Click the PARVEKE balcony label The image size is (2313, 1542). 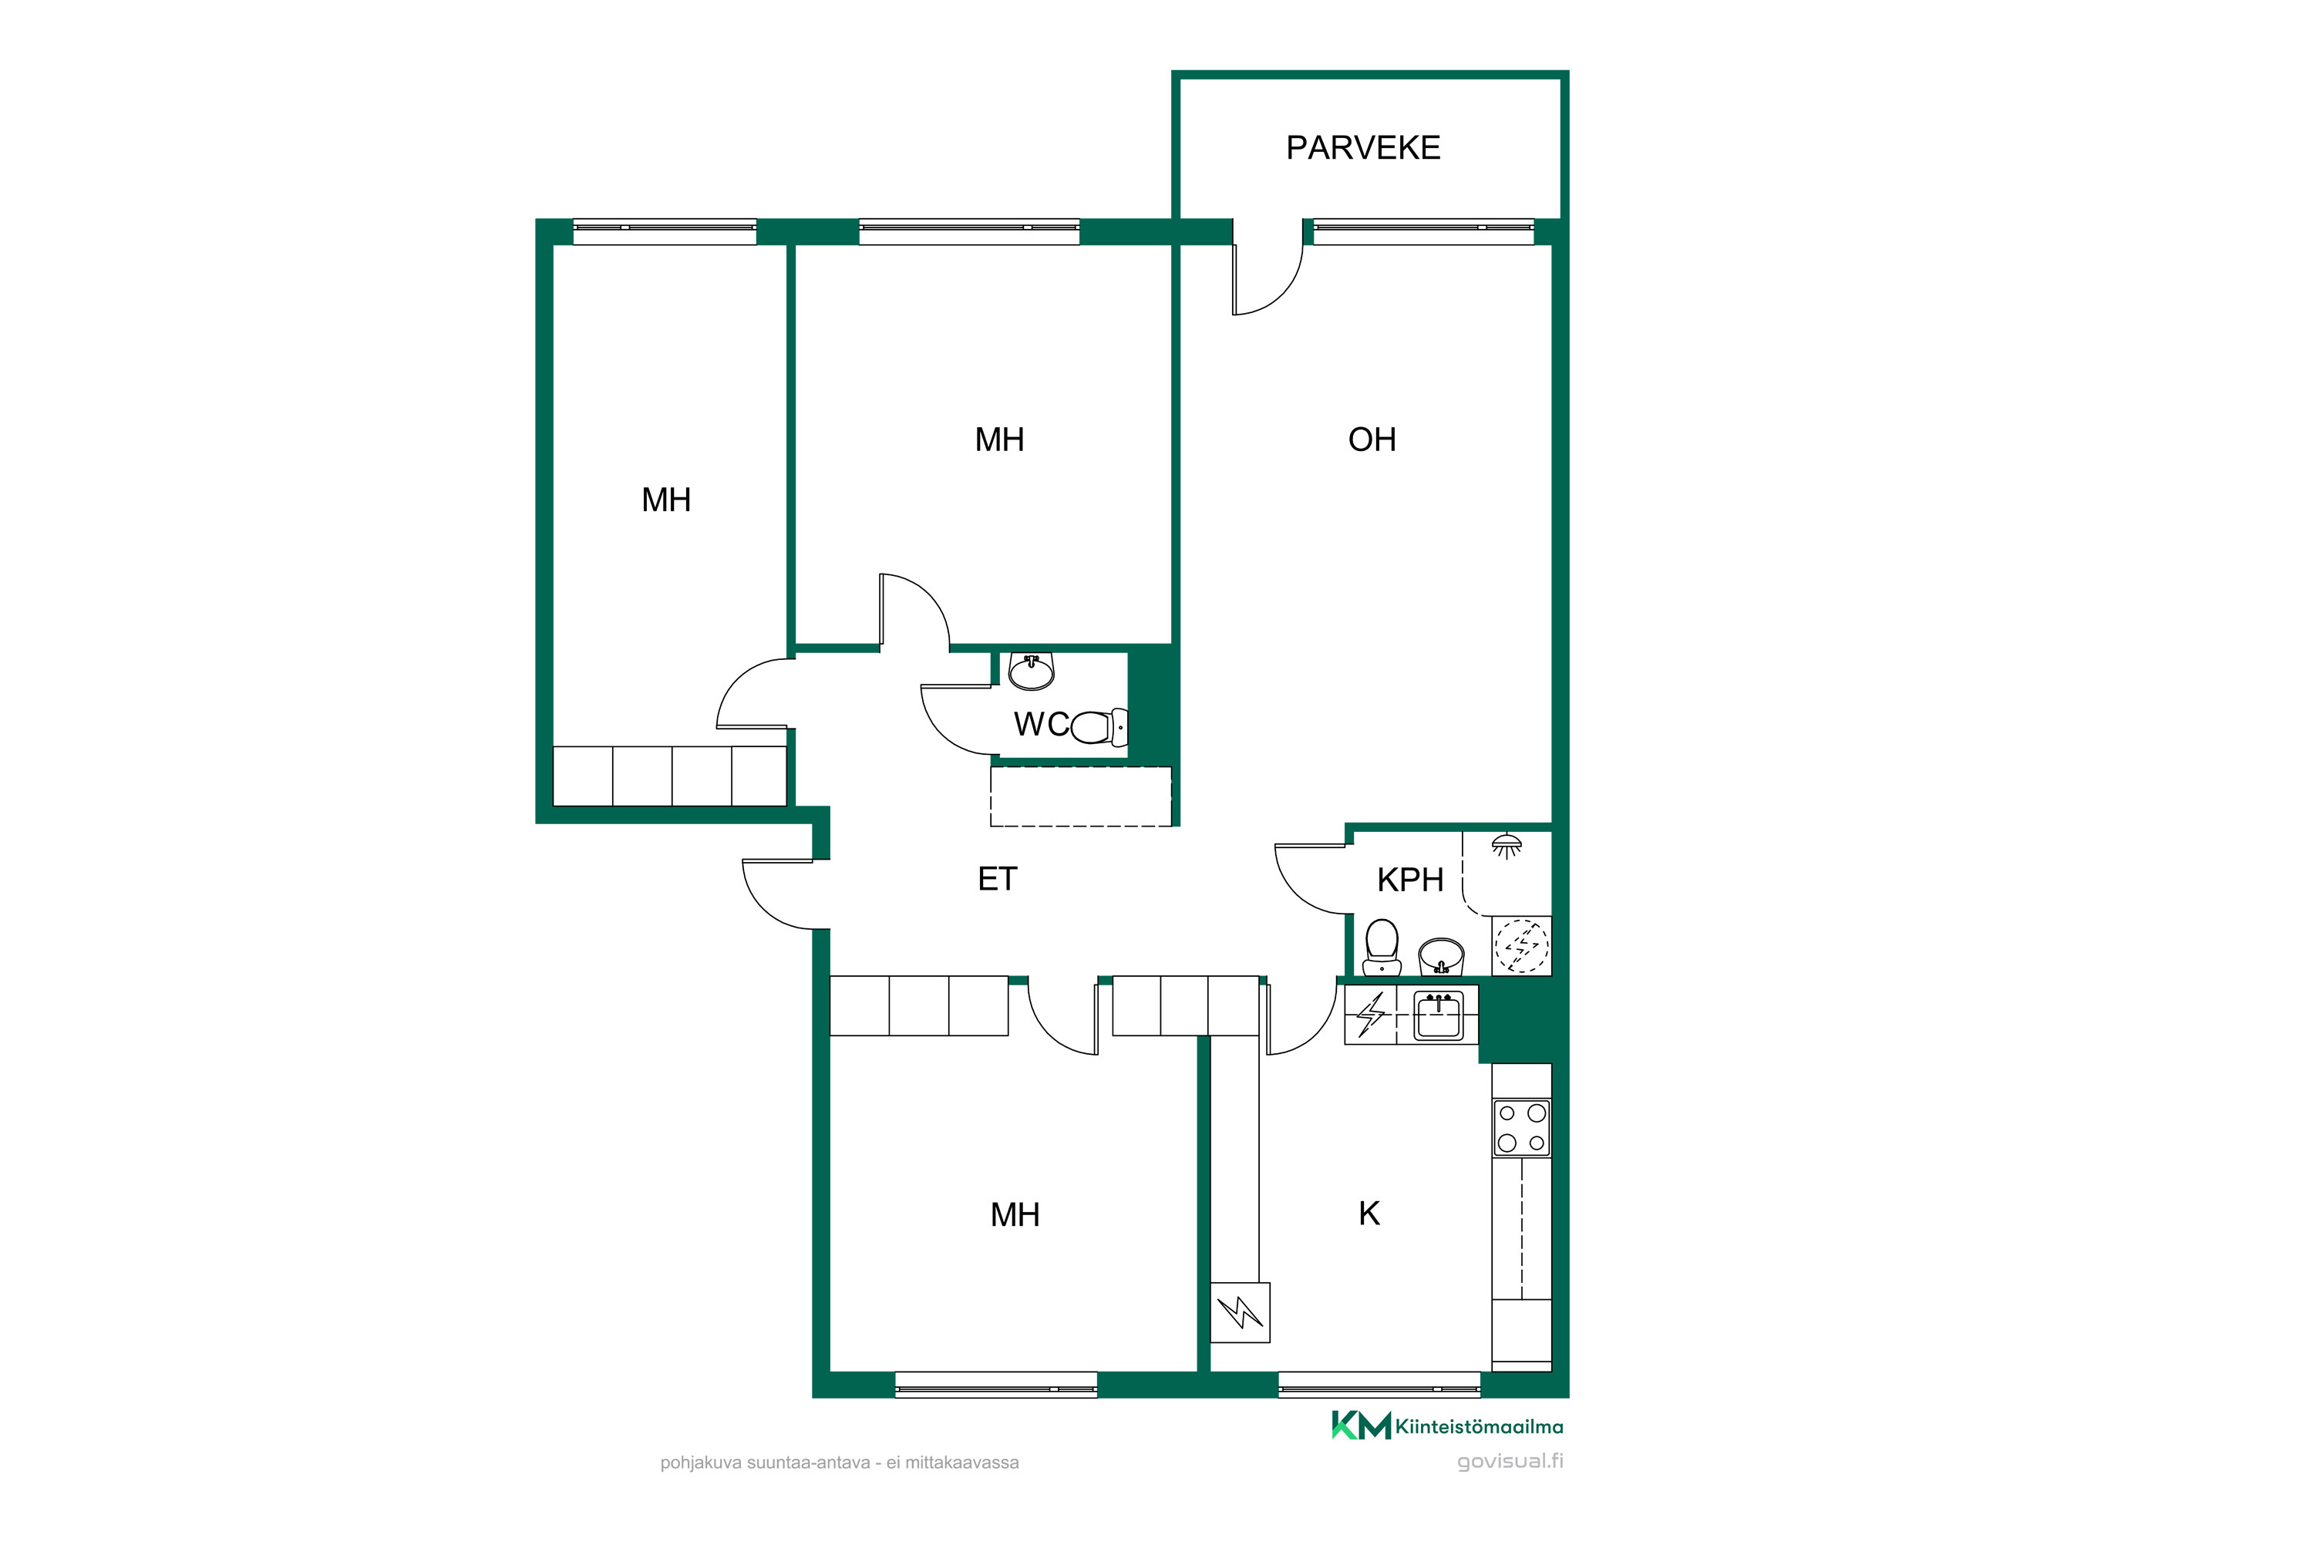(1363, 147)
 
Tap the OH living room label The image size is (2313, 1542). (1372, 439)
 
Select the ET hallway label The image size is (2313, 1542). (997, 879)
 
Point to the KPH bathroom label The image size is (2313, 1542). (1410, 880)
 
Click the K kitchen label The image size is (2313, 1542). (1369, 1214)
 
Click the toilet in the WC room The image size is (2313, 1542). (1099, 728)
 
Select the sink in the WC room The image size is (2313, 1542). (1032, 672)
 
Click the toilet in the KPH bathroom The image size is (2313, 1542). (1382, 947)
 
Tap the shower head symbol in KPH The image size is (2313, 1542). (1507, 846)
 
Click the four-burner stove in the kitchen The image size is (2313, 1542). (1521, 1128)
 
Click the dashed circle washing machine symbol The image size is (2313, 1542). (1521, 946)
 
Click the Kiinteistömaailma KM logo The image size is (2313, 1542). (1446, 1426)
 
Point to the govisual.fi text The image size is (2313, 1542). (1510, 1461)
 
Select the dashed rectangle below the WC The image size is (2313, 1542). (1081, 796)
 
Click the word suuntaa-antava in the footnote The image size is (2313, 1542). (808, 1463)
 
